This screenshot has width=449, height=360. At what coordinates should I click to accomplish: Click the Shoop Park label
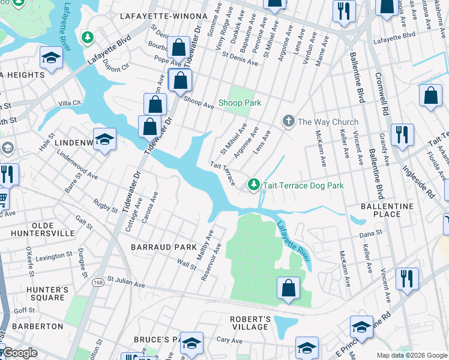pyautogui.click(x=240, y=103)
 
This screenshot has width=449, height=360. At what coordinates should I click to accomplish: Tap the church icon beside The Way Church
pyautogui.click(x=289, y=122)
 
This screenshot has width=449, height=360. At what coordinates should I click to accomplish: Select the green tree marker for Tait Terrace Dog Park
pyautogui.click(x=254, y=185)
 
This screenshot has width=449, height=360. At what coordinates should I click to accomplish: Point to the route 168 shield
pyautogui.click(x=97, y=281)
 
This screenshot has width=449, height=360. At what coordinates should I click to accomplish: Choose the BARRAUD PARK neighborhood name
pyautogui.click(x=164, y=247)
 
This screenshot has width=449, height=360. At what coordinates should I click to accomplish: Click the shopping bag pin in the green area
pyautogui.click(x=289, y=288)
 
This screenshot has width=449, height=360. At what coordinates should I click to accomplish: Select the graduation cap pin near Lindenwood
pyautogui.click(x=104, y=139)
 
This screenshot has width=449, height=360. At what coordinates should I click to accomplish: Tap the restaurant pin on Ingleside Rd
pyautogui.click(x=402, y=134)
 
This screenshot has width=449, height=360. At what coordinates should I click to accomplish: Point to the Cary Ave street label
pyautogui.click(x=229, y=340)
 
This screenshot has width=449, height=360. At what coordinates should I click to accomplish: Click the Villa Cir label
pyautogui.click(x=69, y=103)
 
